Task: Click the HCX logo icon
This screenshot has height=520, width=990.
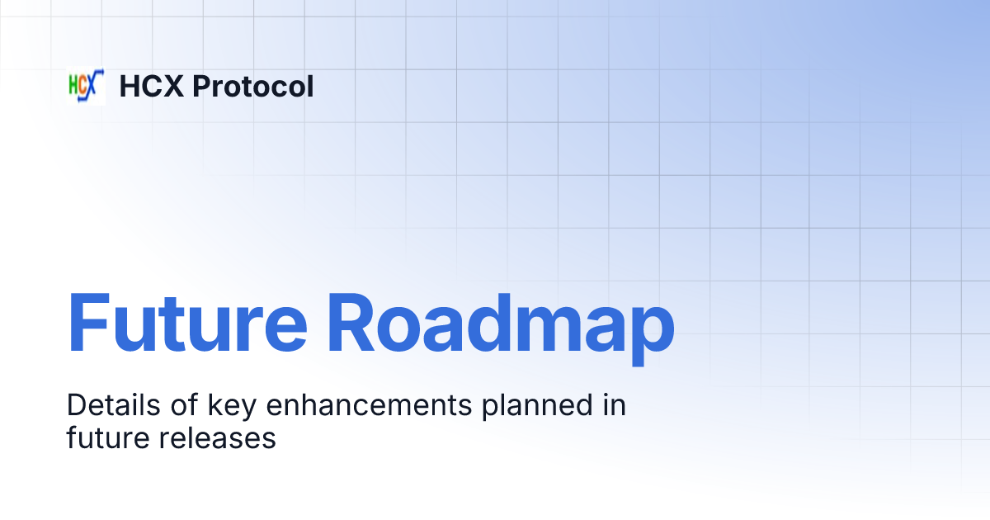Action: point(86,86)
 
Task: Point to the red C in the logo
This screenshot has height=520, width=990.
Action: point(84,87)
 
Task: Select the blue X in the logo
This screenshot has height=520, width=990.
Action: point(96,84)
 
